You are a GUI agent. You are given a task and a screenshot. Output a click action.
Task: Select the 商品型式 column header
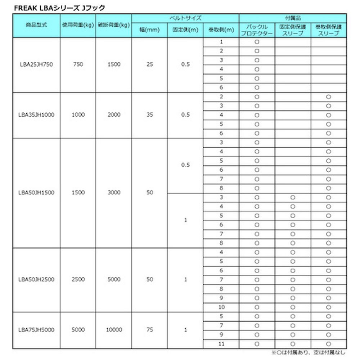click(x=36, y=25)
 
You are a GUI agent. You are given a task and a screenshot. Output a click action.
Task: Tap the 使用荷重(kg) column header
click(x=78, y=25)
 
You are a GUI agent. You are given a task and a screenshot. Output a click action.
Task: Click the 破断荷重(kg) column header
click(x=114, y=25)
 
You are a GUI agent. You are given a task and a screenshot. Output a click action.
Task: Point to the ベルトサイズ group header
click(x=185, y=18)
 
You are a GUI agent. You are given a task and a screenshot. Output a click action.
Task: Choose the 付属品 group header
click(x=293, y=18)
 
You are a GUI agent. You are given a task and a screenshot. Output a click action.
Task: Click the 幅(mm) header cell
click(x=149, y=30)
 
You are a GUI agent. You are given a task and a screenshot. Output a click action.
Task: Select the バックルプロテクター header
click(x=257, y=30)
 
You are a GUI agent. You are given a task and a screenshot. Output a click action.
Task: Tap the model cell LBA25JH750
click(x=36, y=65)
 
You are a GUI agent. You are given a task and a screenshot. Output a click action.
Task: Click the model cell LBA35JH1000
click(x=36, y=115)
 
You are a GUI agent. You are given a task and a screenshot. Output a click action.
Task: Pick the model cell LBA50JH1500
click(x=36, y=193)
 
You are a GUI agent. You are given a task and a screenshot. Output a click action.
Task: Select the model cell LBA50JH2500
click(x=36, y=279)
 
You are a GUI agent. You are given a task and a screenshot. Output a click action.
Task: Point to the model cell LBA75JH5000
click(x=36, y=329)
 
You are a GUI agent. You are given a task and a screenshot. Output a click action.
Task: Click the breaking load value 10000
click(x=114, y=329)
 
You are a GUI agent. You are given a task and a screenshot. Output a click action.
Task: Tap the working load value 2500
click(x=78, y=279)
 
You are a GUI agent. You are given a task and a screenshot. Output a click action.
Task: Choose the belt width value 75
click(x=149, y=329)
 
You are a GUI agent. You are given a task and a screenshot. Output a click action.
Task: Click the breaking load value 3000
click(x=114, y=193)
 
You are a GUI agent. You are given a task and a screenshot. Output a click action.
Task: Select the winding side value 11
click(x=221, y=344)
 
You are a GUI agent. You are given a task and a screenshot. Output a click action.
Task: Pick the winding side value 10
click(x=221, y=307)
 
